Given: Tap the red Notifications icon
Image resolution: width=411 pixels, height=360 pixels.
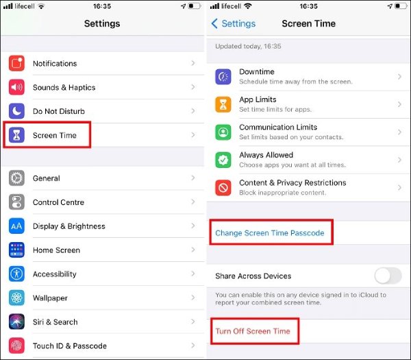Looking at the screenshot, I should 17,64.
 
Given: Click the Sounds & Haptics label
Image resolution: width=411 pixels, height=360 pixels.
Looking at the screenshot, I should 64,88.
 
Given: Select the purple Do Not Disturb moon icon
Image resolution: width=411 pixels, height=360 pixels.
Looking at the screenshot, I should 17,112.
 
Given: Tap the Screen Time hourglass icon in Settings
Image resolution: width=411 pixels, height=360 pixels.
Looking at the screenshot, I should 17,136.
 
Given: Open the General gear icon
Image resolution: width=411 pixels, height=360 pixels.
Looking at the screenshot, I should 17,178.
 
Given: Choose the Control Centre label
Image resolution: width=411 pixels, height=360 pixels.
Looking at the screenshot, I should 58,202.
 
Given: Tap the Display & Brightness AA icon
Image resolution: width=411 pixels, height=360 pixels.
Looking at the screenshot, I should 17,226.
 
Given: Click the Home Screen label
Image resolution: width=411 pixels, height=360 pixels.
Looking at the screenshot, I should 56,250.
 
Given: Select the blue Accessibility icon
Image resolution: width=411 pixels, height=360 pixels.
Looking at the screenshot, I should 17,274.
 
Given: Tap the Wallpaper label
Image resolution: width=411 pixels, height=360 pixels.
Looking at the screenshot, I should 50,298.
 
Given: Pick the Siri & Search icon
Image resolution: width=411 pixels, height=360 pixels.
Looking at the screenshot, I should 17,322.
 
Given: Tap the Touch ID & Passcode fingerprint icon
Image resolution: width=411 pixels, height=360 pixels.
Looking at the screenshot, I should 17,346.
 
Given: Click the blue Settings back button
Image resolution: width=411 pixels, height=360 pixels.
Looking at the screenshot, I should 233,24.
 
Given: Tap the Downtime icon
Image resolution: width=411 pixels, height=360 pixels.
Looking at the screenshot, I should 223,77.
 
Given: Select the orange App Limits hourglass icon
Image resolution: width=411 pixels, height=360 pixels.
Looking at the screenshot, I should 223,104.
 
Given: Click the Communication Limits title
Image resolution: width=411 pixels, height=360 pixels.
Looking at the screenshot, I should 278,128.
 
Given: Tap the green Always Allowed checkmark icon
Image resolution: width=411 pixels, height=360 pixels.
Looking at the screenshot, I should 223,160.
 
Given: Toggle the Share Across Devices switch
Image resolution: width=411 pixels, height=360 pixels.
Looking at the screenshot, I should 388,276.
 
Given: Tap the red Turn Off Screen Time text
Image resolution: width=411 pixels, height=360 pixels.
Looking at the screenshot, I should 252,331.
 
